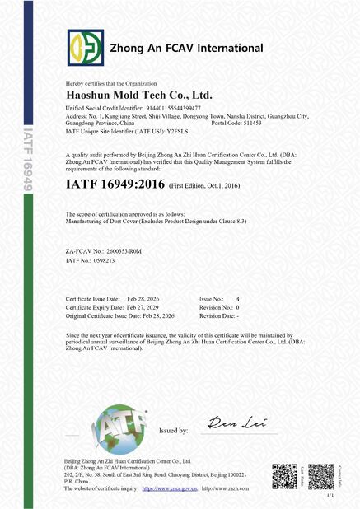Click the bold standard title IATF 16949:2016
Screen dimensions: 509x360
tap(115, 184)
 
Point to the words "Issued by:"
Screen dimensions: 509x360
tap(173, 431)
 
